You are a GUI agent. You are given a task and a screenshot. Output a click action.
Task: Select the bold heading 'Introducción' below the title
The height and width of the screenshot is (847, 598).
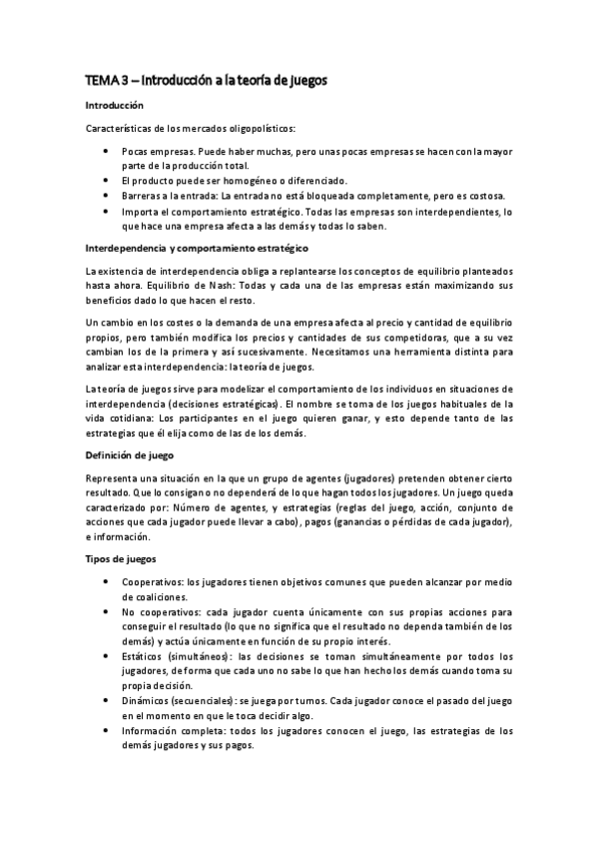115,105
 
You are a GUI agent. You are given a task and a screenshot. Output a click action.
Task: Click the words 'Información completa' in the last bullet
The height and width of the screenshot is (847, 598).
171,730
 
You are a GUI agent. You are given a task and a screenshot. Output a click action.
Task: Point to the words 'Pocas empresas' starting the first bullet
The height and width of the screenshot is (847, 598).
156,151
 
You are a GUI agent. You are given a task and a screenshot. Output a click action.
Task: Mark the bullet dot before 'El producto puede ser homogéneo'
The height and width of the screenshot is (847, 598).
106,181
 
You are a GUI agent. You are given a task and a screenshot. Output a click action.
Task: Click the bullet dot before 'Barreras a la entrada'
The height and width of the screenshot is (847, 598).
106,196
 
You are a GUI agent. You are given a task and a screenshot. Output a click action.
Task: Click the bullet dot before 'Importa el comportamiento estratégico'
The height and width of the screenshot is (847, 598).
106,211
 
